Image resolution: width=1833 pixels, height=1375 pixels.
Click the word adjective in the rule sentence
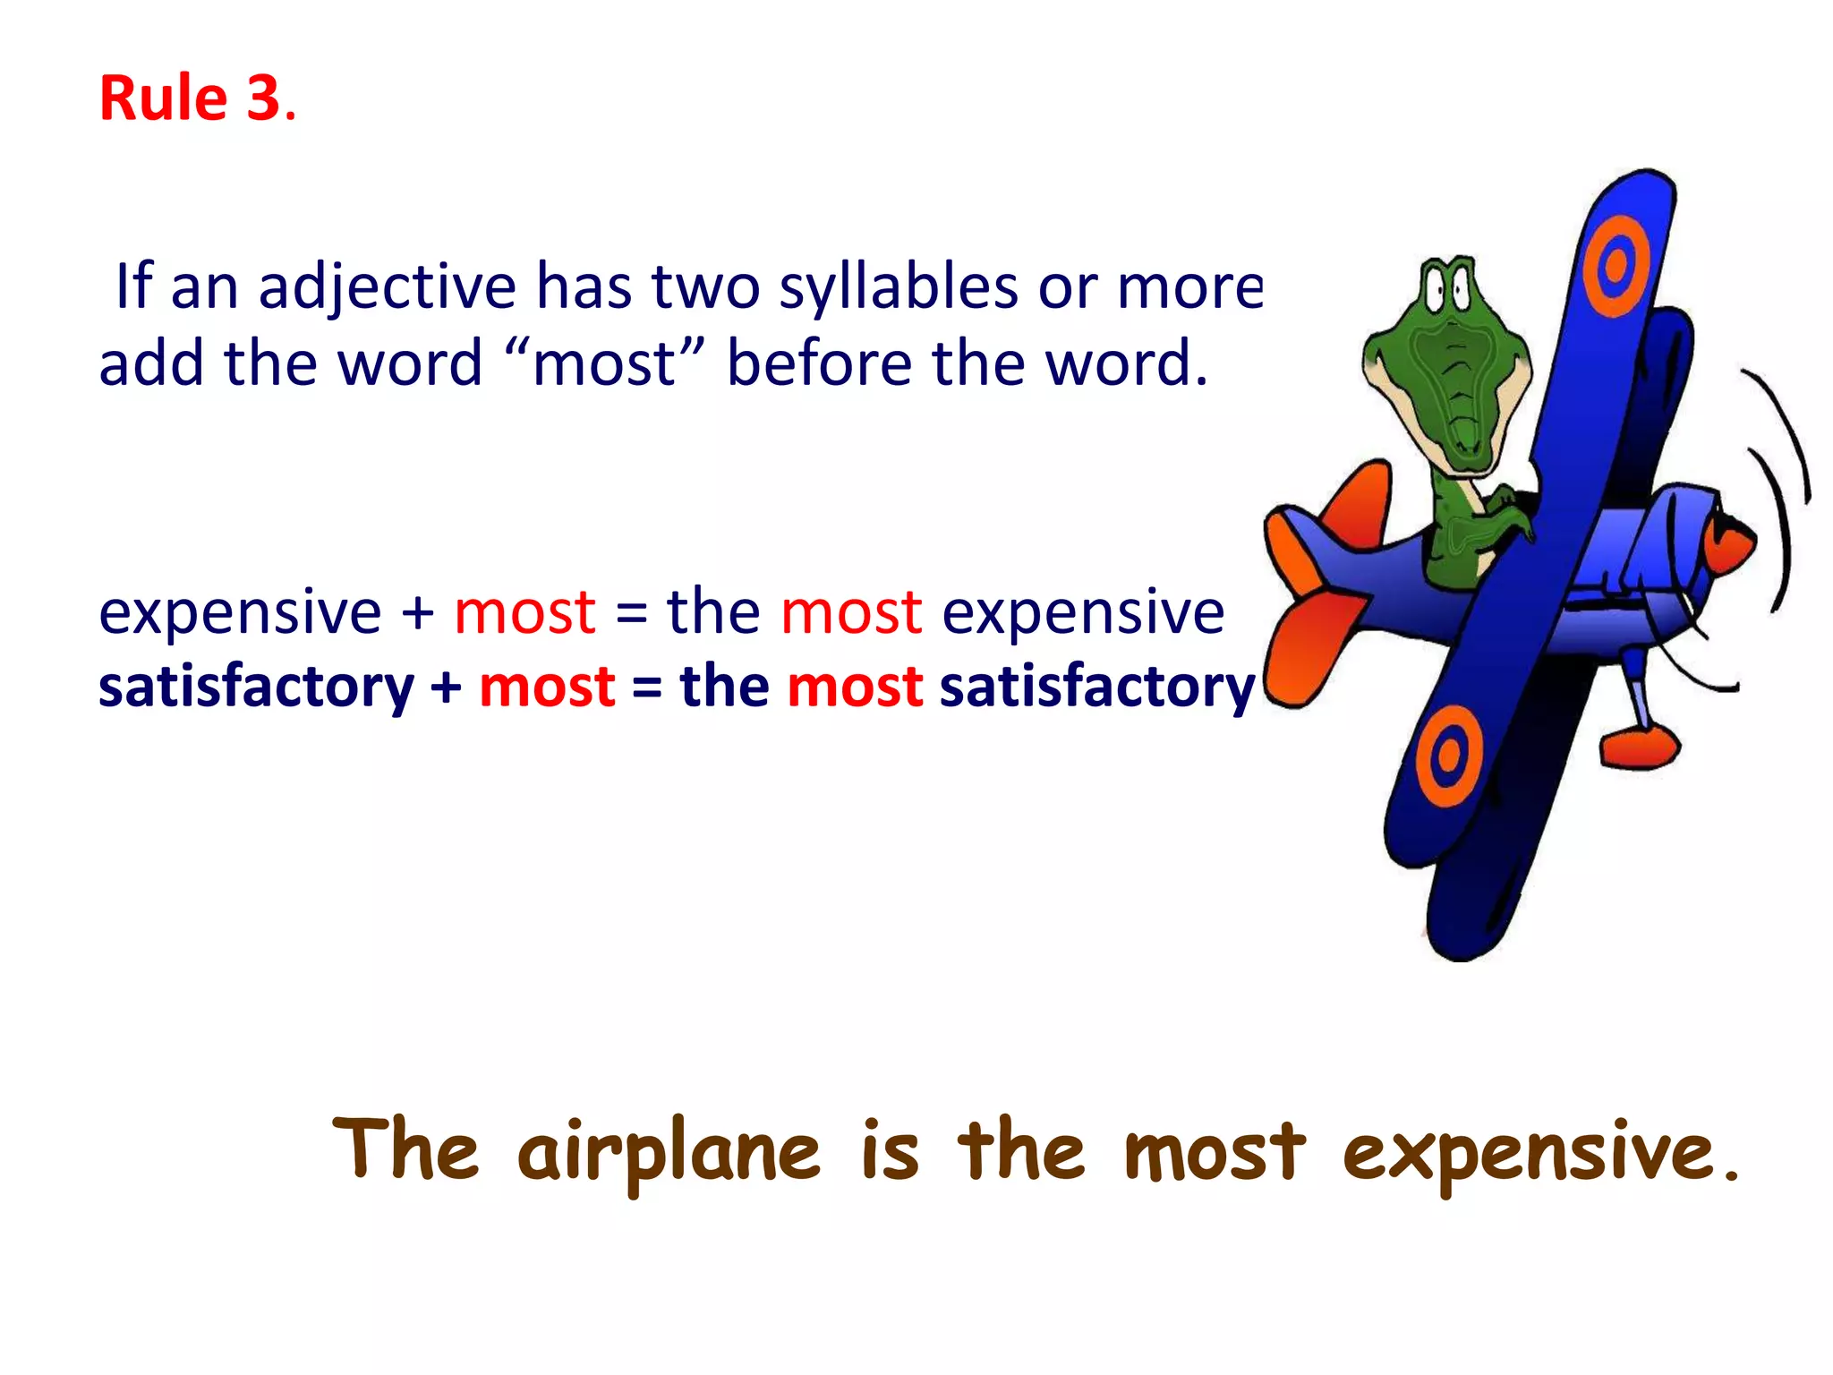[387, 288]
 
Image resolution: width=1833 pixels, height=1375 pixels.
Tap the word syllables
[898, 288]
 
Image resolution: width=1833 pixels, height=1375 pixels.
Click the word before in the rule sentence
[818, 363]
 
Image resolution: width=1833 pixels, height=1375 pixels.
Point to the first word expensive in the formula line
[239, 614]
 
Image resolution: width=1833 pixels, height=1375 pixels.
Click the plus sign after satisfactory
[446, 687]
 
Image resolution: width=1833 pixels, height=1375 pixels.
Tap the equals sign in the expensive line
[631, 614]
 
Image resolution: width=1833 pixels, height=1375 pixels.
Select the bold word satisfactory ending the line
[1096, 687]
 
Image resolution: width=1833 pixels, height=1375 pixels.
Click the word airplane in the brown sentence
[668, 1153]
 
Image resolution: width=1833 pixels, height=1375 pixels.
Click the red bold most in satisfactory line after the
[854, 687]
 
